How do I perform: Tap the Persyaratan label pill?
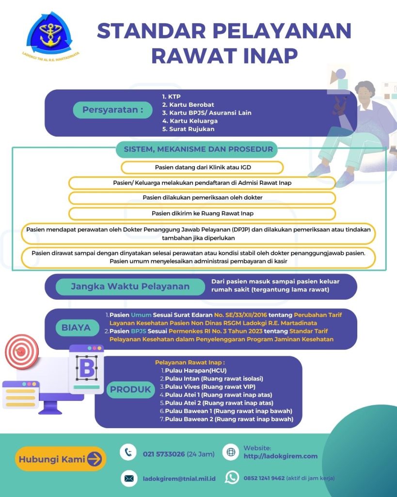113,110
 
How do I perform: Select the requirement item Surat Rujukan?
189,129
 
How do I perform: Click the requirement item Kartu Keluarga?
190,121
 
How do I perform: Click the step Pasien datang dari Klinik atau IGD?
203,167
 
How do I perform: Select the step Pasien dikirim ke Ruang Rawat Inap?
202,214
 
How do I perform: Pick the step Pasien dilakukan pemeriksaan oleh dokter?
202,198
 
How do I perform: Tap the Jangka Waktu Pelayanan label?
130,286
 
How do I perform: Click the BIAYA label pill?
76,328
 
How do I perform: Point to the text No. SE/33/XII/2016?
240,315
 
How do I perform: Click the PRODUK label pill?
130,390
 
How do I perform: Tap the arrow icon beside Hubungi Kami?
95,459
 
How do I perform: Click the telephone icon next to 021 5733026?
128,452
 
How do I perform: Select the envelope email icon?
129,478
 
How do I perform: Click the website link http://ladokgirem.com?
281,456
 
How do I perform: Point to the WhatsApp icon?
232,478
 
